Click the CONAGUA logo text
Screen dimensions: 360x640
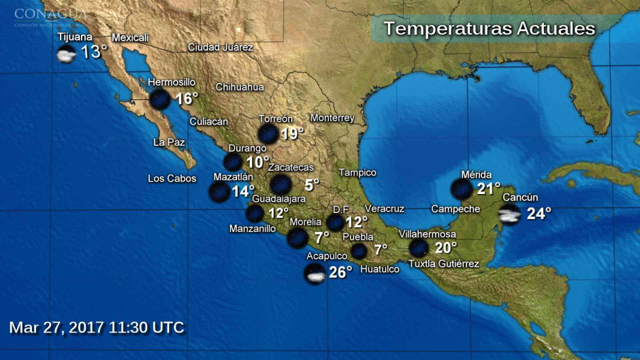pos(50,14)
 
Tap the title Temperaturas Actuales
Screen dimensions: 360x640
pos(489,29)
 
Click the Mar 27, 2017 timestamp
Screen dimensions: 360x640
pos(97,327)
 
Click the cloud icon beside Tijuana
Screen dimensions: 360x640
pos(66,54)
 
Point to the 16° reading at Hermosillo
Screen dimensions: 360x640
pos(186,99)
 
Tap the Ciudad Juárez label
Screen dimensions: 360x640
pos(221,47)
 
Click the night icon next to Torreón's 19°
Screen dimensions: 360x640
pos(268,134)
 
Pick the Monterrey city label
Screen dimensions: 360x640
pos(332,118)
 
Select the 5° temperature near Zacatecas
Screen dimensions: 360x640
pos(312,184)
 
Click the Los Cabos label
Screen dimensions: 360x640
pos(172,179)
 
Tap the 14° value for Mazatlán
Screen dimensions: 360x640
pos(242,191)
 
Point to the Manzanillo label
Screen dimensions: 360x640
pos(253,229)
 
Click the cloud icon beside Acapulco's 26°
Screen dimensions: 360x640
pos(315,274)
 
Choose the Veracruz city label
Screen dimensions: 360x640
pos(385,208)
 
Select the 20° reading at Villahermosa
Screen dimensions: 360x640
pos(445,248)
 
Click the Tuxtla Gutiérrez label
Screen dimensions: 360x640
pos(444,264)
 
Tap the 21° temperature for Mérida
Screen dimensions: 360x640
pos(488,189)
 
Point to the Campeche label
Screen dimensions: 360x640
pos(456,209)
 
